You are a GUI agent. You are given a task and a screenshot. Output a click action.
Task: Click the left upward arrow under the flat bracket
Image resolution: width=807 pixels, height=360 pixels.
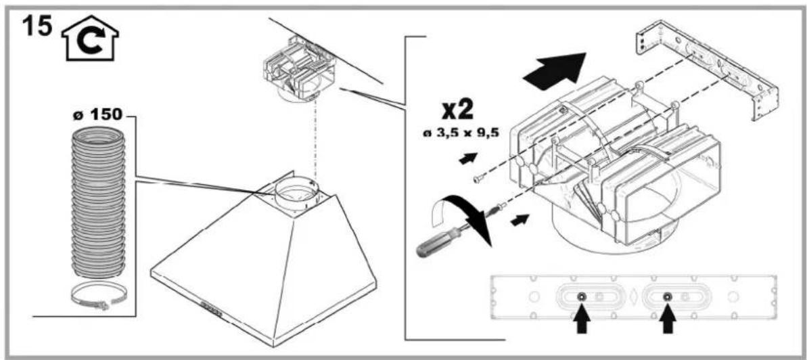coord(581,320)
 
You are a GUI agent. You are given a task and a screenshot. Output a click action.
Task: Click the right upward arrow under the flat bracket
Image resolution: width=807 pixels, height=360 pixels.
coord(668,320)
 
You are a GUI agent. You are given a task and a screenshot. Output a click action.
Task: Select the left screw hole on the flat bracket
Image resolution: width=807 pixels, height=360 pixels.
coord(581,296)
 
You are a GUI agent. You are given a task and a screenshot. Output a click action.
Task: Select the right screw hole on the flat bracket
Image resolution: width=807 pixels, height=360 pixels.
coord(668,296)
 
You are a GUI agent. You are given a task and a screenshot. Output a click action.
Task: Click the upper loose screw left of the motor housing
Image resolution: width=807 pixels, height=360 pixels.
coord(479,178)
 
